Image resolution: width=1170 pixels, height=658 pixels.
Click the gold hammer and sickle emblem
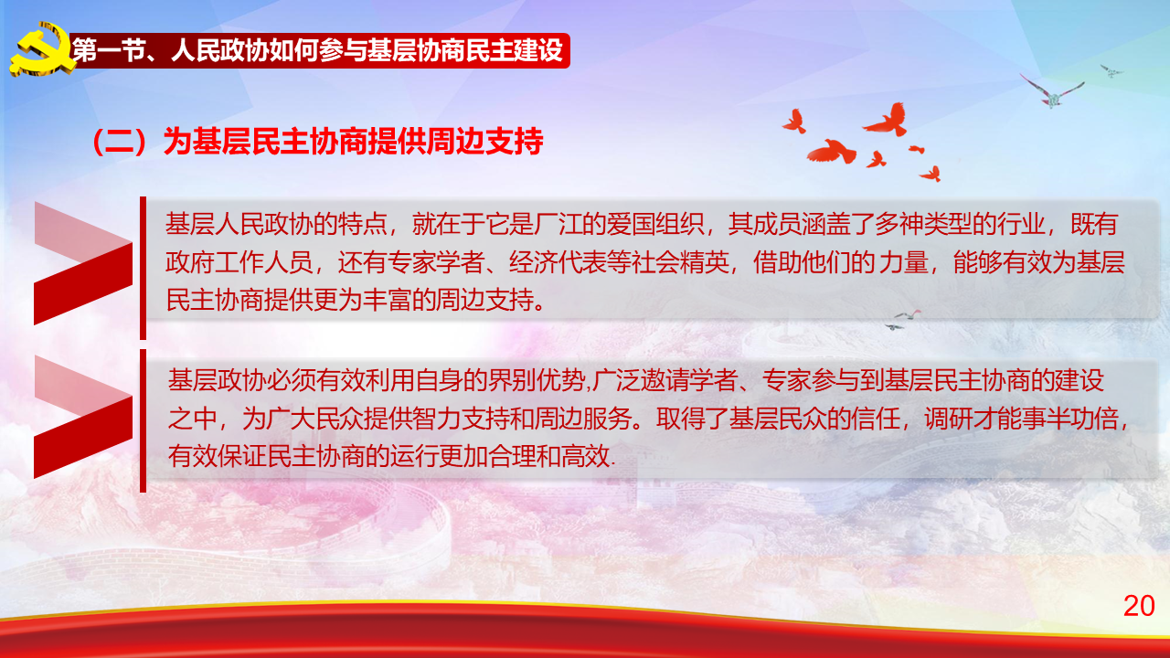[43, 49]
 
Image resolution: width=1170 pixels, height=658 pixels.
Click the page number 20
[1139, 606]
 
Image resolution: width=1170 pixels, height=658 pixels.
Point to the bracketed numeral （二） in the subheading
[126, 142]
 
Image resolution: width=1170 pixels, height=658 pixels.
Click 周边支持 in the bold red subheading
[484, 142]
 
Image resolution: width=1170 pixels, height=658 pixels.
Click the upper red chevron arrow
[83, 264]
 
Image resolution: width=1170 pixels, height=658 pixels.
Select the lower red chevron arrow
[83, 418]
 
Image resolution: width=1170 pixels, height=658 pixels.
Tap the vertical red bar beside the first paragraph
[144, 268]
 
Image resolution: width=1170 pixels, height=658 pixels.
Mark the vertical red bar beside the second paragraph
[144, 421]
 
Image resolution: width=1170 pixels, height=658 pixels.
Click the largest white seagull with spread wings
[1051, 90]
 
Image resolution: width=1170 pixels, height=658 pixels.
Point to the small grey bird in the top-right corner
[1111, 70]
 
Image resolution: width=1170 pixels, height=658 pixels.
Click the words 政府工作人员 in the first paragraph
[239, 262]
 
